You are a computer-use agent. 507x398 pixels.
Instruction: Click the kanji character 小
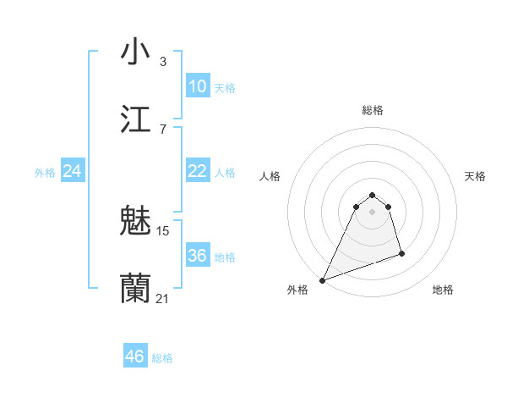tap(135, 53)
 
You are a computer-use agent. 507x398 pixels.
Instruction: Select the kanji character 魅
tap(135, 222)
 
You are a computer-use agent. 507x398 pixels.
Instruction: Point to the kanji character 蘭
tap(135, 289)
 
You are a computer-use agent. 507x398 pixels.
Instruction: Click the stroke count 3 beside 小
tap(163, 62)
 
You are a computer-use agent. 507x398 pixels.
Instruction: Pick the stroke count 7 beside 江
tap(163, 129)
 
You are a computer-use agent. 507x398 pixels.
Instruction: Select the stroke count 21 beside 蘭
tap(163, 298)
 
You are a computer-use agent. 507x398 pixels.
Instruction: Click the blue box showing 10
tap(197, 86)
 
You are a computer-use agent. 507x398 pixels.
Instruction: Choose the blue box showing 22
tap(197, 171)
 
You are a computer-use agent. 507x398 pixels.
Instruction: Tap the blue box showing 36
tap(197, 256)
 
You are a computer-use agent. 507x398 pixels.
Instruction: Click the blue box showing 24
tap(72, 171)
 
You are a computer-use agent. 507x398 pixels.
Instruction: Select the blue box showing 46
tap(134, 357)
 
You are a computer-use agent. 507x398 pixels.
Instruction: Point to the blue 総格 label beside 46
tap(162, 358)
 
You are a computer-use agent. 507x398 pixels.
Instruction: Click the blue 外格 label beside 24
tap(45, 173)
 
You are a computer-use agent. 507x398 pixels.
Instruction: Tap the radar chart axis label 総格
tap(372, 110)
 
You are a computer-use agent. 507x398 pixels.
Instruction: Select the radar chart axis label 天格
tap(475, 176)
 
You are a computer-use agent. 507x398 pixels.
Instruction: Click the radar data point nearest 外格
tap(322, 280)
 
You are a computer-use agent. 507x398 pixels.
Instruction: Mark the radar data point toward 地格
tap(401, 253)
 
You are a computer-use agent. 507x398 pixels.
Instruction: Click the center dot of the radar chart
tap(372, 212)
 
